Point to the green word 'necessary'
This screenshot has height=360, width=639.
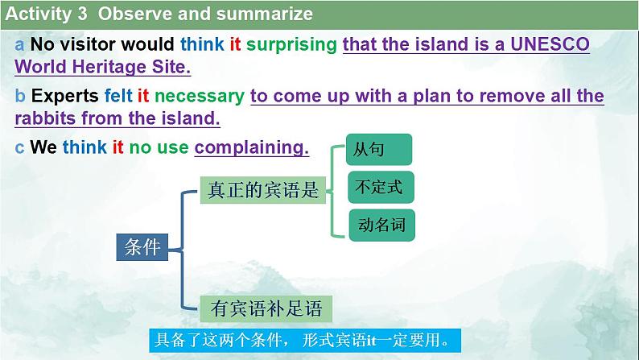[x=199, y=97]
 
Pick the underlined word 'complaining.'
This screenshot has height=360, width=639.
[x=252, y=147]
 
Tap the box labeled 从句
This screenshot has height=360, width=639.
[x=379, y=151]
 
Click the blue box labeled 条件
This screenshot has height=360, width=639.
[x=142, y=247]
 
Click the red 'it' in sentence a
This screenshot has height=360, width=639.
[x=235, y=45]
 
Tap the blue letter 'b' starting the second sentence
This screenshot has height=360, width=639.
[x=20, y=97]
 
